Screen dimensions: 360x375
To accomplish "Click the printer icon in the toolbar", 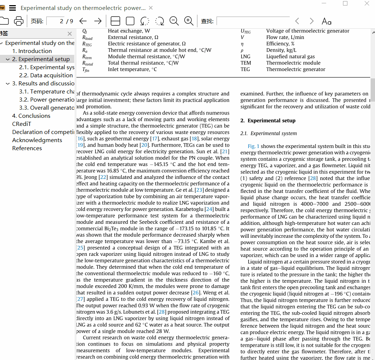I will tap(18, 21).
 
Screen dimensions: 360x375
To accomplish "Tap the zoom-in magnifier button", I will tap(189, 21).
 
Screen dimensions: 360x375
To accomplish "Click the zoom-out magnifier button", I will tap(174, 21).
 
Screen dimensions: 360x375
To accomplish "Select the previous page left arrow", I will tap(83, 21).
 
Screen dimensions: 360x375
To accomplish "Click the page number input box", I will tap(56, 21).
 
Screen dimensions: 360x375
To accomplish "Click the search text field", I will tap(253, 21).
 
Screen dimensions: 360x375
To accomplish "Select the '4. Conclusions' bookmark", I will tap(31, 116).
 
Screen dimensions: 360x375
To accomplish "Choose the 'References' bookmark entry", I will tap(27, 148).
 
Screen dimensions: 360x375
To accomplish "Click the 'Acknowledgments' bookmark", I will tap(37, 140).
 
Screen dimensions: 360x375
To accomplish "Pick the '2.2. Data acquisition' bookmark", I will tap(46, 75).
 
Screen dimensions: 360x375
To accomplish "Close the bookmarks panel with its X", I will tap(69, 34).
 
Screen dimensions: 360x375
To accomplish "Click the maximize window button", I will tap(345, 3).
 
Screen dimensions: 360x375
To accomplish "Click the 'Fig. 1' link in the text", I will tap(253, 146).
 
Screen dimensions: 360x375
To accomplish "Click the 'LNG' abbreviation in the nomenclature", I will tap(245, 56).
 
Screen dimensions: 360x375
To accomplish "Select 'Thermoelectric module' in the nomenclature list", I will tap(293, 63).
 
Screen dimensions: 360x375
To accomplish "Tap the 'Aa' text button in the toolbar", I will tap(326, 21).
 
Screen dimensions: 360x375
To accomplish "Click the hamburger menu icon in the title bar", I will tap(12, 8).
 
